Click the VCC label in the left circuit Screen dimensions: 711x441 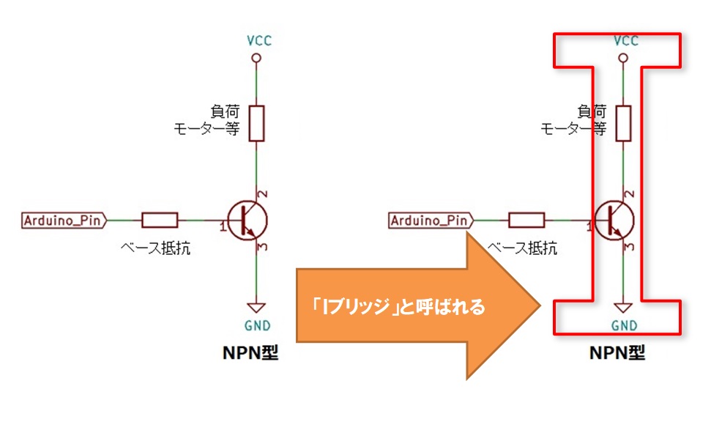click(259, 40)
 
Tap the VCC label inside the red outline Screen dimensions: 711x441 click(626, 40)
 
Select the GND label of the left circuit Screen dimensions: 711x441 click(257, 325)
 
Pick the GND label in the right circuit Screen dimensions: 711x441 click(624, 325)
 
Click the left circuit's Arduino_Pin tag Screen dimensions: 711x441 click(64, 220)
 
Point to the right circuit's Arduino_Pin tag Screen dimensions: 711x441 click(431, 220)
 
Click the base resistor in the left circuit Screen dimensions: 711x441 click(160, 220)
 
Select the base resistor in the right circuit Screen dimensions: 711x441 click(526, 220)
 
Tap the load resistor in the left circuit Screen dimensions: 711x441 click(256, 123)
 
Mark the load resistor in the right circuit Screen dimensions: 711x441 click(623, 123)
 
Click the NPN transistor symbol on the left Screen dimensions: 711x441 click(247, 221)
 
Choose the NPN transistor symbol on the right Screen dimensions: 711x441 click(614, 221)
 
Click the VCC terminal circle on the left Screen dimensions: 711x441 click(256, 58)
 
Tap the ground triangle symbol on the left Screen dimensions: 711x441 click(256, 308)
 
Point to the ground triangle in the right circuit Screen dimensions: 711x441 click(623, 308)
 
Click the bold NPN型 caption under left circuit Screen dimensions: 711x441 click(250, 352)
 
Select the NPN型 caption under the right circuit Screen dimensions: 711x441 click(617, 352)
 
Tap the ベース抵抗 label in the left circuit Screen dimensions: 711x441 click(155, 248)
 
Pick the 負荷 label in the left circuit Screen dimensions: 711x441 click(225, 111)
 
